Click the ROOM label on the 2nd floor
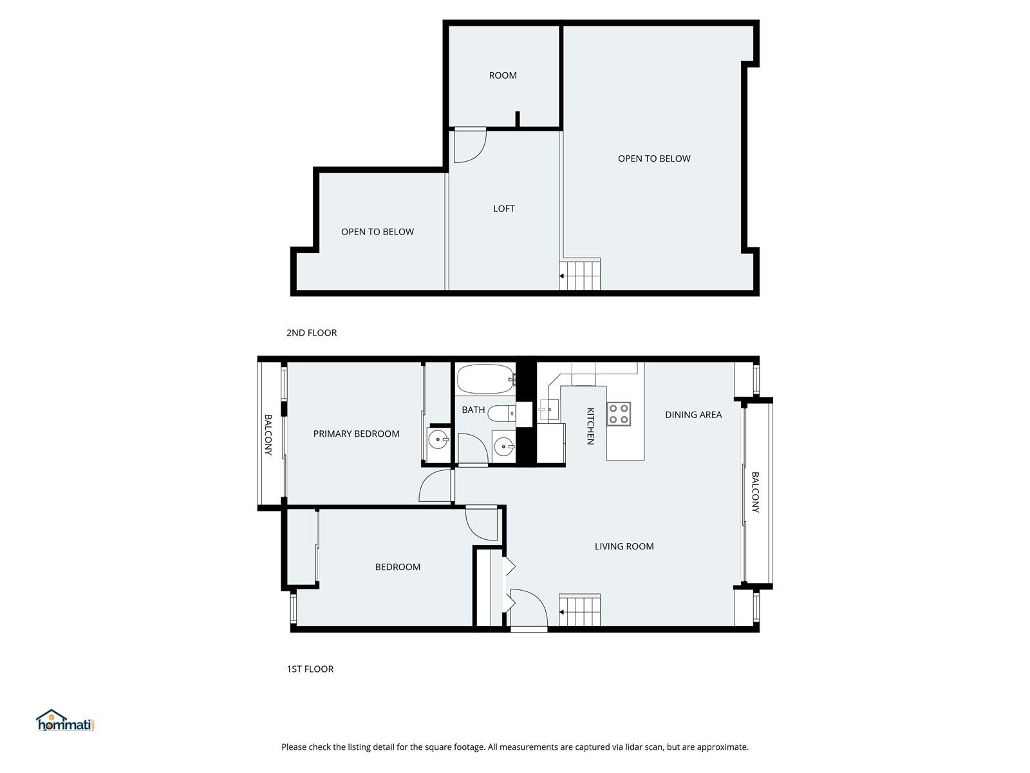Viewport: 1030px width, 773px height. (503, 75)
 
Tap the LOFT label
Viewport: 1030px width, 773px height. (503, 208)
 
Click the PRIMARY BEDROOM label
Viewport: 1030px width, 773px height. (356, 434)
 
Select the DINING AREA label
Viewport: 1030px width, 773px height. (693, 414)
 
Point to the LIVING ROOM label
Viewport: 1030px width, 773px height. (624, 546)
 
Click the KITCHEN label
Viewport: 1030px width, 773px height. (590, 426)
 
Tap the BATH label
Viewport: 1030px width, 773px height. (473, 410)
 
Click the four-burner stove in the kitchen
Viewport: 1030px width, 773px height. (619, 414)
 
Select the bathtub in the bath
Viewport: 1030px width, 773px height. (486, 379)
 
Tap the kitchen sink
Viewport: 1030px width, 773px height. (548, 410)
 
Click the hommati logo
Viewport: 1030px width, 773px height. (66, 720)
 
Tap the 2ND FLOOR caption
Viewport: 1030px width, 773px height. (312, 333)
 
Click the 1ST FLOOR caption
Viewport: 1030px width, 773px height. (310, 669)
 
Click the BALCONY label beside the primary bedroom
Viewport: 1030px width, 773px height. (268, 435)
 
